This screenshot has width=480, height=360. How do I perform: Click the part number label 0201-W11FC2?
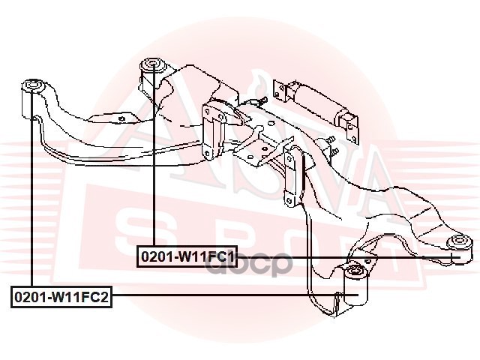61,298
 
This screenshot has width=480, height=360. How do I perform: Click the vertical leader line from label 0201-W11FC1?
154,165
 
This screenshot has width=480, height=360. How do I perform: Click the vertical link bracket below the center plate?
292,176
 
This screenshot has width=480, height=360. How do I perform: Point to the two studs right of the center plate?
331,146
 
